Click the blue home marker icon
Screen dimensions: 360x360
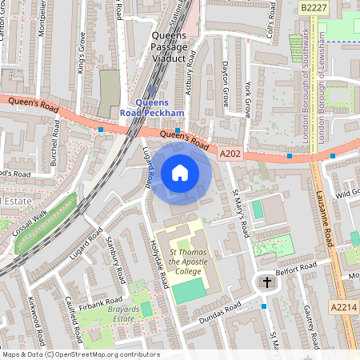[x=180, y=173]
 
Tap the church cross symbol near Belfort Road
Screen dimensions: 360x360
[x=267, y=282]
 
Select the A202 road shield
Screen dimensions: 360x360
[x=230, y=153]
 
